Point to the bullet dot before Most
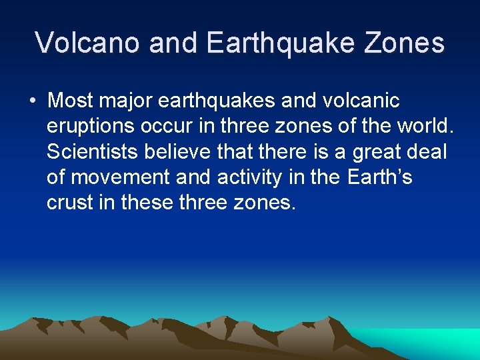32,101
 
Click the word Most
71,101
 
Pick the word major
130,101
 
